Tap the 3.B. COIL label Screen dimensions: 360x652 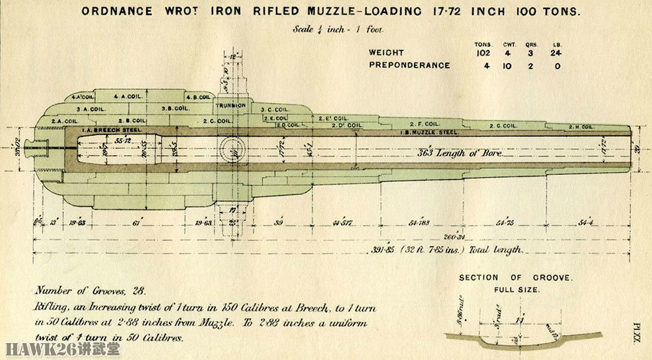coord(173,108)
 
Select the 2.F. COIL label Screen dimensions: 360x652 coord(423,123)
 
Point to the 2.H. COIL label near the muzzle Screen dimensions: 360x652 coord(580,126)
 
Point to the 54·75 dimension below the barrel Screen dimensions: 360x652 coord(505,222)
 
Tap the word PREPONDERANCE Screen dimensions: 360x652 coord(409,65)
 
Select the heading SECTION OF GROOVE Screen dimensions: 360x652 coord(516,278)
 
